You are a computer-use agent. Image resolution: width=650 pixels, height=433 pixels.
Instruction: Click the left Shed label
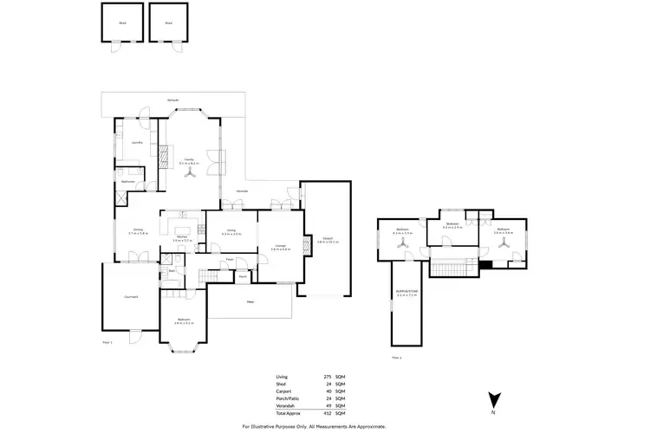(x=123, y=23)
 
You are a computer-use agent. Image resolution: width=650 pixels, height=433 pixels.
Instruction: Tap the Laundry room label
(x=137, y=142)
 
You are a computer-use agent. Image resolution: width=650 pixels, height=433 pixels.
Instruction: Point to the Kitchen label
(x=183, y=237)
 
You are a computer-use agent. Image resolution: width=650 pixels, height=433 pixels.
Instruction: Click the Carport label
(x=327, y=238)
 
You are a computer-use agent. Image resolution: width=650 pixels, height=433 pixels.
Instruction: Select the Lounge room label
(x=280, y=247)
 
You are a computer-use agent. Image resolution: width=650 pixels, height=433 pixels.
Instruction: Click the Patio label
(x=250, y=302)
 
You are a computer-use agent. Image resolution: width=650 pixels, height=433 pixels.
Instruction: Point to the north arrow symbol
(x=493, y=400)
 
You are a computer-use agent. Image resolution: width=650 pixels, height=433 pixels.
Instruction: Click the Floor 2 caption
(x=396, y=357)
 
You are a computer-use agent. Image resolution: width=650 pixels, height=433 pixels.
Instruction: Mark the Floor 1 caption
(x=107, y=343)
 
